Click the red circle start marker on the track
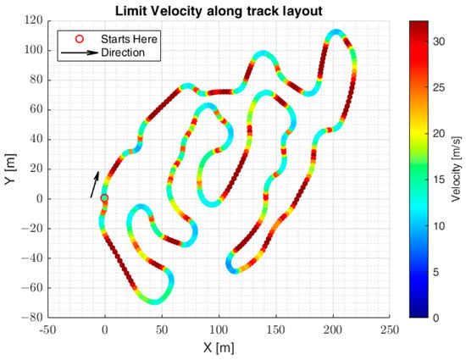tap(104, 198)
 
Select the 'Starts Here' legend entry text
tap(129, 39)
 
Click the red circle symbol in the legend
tap(80, 39)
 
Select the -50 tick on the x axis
tap(48, 330)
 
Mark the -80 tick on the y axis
tap(32, 318)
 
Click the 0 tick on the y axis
tap(38, 198)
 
